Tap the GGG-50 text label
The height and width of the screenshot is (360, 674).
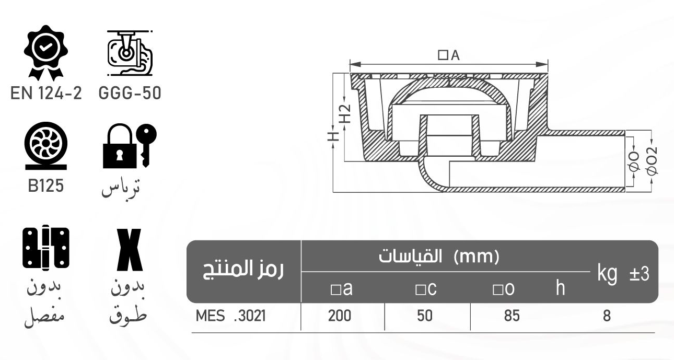[130, 94]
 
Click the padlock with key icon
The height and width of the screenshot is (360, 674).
[129, 146]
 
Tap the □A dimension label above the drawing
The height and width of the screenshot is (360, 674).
[449, 55]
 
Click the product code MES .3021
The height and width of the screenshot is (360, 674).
[231, 316]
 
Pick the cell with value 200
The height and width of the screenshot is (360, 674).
[340, 316]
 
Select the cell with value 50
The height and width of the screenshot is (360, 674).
[425, 316]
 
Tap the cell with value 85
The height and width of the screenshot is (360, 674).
[512, 316]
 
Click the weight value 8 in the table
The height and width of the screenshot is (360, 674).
[607, 316]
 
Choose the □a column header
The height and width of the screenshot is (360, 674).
[342, 288]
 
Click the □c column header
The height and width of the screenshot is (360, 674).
[426, 288]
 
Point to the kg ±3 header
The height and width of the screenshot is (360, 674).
[623, 274]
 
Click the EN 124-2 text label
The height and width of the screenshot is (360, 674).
[46, 94]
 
